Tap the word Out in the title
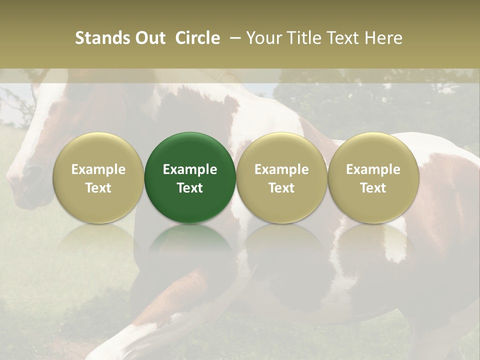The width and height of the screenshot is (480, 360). pyautogui.click(x=149, y=38)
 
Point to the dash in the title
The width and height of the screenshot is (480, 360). pyautogui.click(x=233, y=38)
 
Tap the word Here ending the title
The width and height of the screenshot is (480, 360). pyautogui.click(x=383, y=38)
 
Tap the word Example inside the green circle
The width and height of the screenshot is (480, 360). pyautogui.click(x=190, y=169)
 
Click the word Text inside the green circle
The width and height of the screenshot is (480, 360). pyautogui.click(x=190, y=188)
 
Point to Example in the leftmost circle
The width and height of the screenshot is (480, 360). pyautogui.click(x=98, y=169)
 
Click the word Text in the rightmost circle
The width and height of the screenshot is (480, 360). pyautogui.click(x=373, y=188)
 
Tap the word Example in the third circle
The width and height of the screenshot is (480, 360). pyautogui.click(x=281, y=169)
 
